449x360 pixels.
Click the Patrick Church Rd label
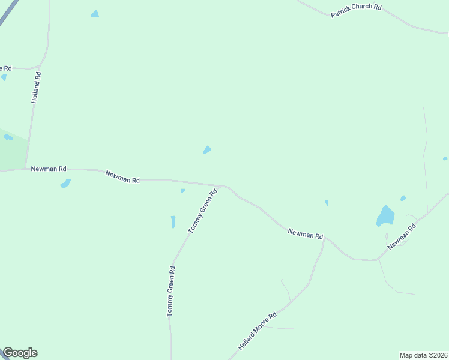[357, 11]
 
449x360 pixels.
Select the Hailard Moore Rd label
[257, 331]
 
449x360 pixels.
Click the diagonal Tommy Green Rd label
[202, 212]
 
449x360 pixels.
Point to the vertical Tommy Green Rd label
[170, 292]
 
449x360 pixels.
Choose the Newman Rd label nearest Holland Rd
[49, 169]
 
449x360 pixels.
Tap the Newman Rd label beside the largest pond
[402, 237]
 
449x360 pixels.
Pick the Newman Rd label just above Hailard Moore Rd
[305, 234]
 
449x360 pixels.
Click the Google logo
[20, 353]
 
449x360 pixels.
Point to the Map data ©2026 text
[424, 355]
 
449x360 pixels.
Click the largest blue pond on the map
[385, 216]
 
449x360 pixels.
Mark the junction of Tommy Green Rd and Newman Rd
[221, 187]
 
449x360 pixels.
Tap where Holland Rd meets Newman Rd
[25, 169]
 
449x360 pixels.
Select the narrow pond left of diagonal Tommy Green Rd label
[173, 222]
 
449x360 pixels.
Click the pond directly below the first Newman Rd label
[65, 184]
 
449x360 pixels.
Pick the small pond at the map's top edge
[95, 13]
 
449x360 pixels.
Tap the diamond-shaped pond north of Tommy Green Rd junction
[207, 149]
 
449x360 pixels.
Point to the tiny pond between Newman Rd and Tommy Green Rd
[182, 191]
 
